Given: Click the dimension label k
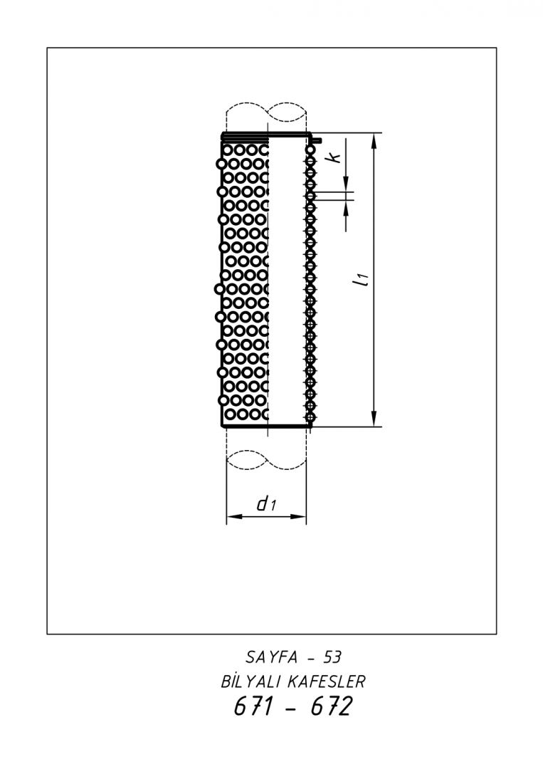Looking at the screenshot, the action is click(x=334, y=157).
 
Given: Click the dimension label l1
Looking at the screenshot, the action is click(x=362, y=280).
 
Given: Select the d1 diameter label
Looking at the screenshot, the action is click(x=267, y=503).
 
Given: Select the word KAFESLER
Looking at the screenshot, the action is click(x=326, y=681).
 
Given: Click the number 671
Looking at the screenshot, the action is click(x=253, y=707).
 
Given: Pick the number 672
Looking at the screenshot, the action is click(x=332, y=707).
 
